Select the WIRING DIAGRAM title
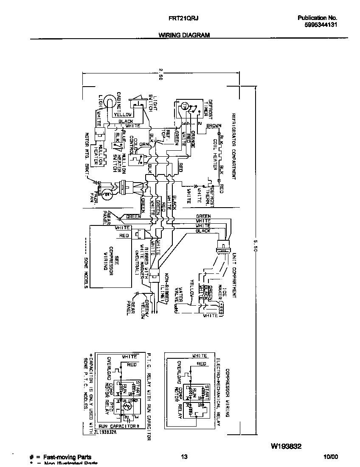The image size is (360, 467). click(184, 35)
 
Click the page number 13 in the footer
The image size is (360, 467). click(184, 457)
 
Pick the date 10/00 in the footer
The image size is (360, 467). click(331, 457)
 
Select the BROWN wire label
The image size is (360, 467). click(214, 126)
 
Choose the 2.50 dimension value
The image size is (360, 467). click(160, 74)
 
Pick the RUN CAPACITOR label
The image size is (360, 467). click(118, 426)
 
